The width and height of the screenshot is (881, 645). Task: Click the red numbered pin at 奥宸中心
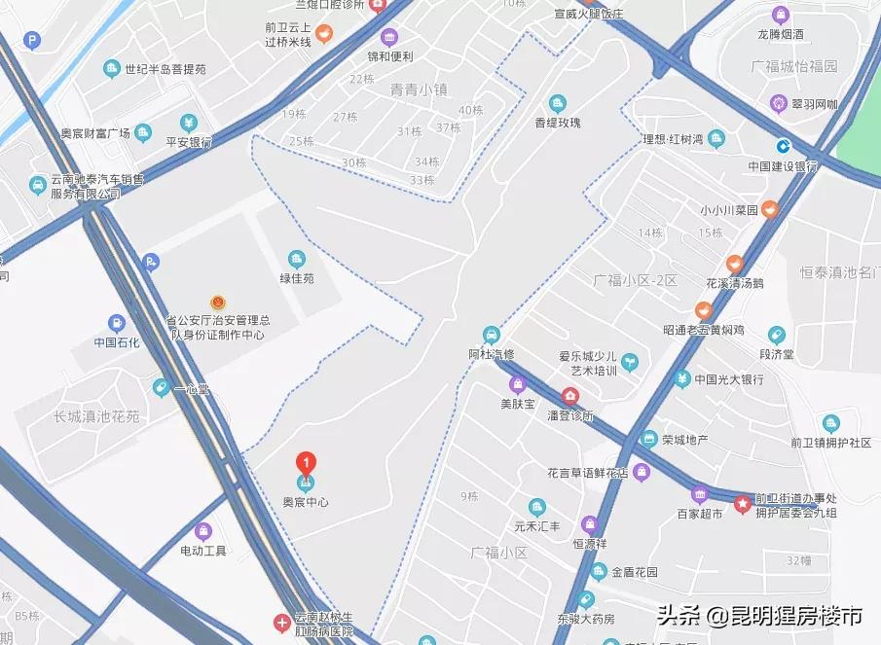tap(307, 462)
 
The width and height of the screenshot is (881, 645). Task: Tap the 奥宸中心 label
tap(306, 502)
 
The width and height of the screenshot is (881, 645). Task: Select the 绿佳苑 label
tap(297, 278)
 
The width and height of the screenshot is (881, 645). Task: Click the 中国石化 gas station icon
tap(117, 323)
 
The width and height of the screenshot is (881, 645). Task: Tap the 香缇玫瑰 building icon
tap(558, 103)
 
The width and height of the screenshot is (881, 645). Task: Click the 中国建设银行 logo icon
tap(783, 146)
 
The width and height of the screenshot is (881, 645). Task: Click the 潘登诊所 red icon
tap(569, 396)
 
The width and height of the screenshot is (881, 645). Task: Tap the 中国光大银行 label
tap(729, 378)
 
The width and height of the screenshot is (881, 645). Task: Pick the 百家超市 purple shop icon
tap(700, 493)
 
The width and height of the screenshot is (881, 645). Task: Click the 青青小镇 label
tap(418, 90)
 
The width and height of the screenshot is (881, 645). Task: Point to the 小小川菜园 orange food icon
tap(769, 208)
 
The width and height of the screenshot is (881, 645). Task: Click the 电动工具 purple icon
tap(202, 530)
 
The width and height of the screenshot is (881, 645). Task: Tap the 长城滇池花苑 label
tap(97, 416)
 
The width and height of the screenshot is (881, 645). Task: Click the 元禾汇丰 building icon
tap(537, 507)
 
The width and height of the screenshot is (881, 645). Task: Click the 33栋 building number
tap(422, 180)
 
